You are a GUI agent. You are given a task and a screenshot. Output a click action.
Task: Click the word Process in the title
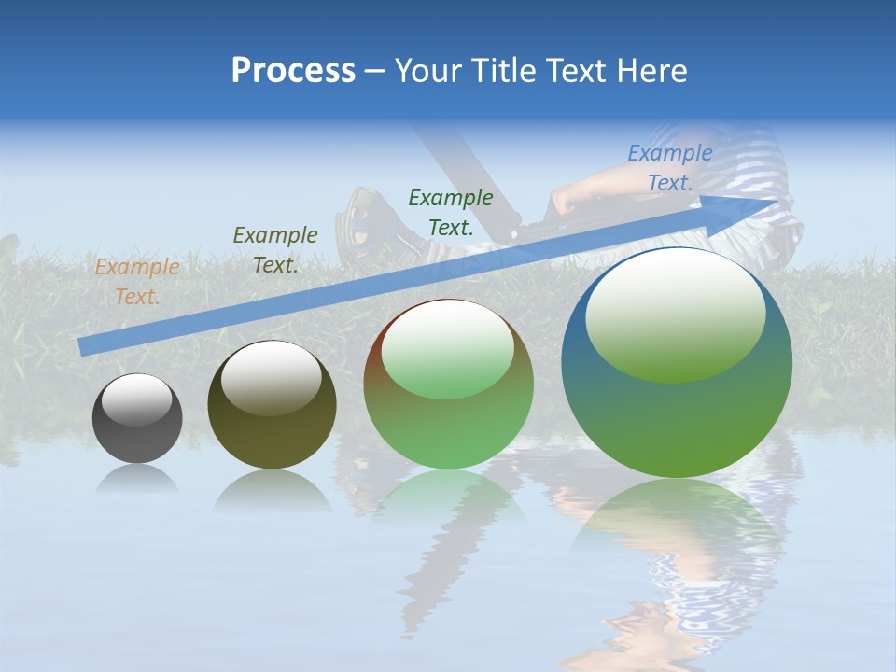pos(293,70)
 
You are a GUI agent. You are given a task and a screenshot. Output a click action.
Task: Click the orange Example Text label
pos(137,282)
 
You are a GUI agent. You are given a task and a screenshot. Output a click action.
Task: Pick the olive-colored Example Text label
pos(275,250)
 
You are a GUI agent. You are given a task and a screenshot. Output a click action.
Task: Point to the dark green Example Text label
pos(451,212)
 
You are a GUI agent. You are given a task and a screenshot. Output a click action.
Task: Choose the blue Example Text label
pos(670,168)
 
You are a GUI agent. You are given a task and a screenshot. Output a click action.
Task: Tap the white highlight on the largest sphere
pos(675,313)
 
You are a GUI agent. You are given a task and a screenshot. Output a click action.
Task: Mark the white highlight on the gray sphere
pos(137,399)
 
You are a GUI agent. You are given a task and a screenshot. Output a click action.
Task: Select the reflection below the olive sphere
pos(272,490)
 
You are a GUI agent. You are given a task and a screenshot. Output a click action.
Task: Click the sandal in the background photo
pos(369,219)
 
